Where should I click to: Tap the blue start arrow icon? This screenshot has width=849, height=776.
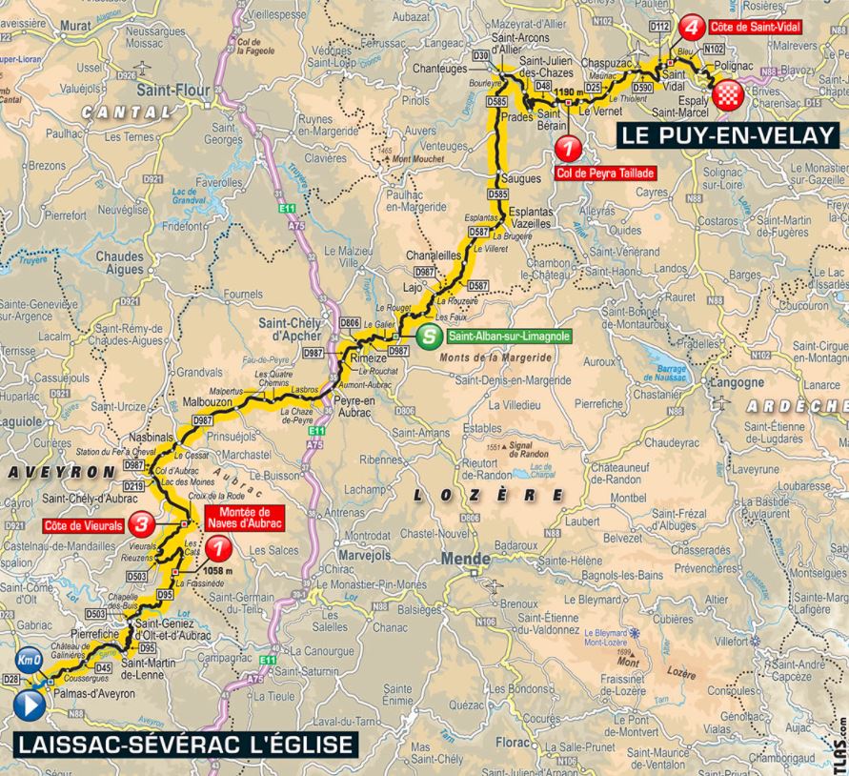(x=29, y=706)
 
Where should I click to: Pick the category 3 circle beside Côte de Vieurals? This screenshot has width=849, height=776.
(x=142, y=522)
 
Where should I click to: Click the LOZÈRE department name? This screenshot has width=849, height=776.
(x=489, y=495)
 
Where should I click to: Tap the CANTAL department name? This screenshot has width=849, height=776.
(x=127, y=112)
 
